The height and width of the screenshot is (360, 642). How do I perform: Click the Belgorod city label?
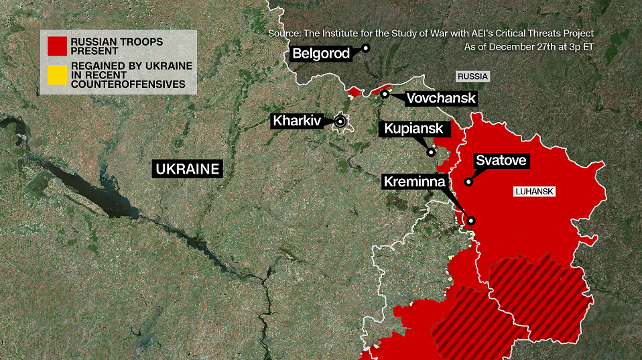click(x=321, y=54)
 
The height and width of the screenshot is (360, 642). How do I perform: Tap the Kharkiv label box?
click(x=296, y=121)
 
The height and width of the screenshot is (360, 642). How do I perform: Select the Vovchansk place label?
click(x=441, y=99)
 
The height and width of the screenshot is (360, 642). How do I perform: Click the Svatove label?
click(x=501, y=161)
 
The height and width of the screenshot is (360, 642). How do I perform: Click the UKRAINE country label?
click(x=187, y=168)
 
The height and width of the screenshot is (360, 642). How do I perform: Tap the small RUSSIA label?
click(x=472, y=76)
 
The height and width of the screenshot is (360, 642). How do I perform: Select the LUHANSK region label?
click(x=535, y=192)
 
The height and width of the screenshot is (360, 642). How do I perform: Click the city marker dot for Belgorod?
click(x=366, y=48)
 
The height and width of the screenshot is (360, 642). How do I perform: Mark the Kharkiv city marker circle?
click(x=340, y=121)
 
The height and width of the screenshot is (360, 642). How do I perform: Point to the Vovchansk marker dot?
click(x=385, y=94)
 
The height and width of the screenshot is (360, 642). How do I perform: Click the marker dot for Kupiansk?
click(x=432, y=152)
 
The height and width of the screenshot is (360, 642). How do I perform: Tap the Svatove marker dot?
click(x=468, y=181)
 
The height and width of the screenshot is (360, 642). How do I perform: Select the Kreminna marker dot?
click(x=471, y=220)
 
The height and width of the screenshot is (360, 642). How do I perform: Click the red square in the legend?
click(x=56, y=46)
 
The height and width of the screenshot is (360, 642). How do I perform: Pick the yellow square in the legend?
click(x=56, y=75)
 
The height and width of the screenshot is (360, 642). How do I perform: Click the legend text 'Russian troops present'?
click(x=118, y=46)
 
